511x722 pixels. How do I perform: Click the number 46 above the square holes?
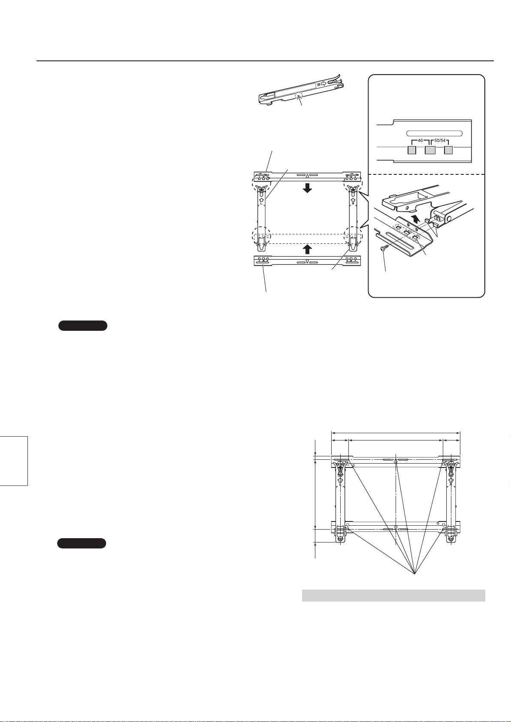(420, 141)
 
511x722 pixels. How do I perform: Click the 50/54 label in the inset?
(440, 141)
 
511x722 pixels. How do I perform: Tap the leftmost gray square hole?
(411, 150)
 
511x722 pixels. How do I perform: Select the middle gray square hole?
(430, 150)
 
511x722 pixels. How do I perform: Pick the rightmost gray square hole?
(448, 150)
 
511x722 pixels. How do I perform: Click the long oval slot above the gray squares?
(434, 133)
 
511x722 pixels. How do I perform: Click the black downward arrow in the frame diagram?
(307, 188)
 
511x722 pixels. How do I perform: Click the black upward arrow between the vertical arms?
(307, 249)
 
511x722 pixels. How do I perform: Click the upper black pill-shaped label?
(83, 326)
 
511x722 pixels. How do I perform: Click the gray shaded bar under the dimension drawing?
(393, 596)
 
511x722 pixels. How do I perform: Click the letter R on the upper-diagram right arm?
(354, 204)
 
